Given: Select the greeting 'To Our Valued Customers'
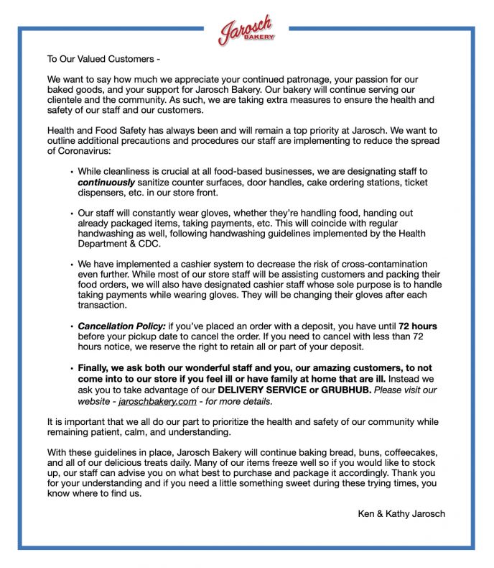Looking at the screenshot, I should coord(103,58).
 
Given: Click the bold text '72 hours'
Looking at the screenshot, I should coord(418,326).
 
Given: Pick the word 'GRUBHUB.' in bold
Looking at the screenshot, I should coord(344,390).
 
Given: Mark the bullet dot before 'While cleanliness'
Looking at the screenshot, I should coord(72,173).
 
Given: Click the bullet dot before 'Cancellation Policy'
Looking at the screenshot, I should coord(72,327).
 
